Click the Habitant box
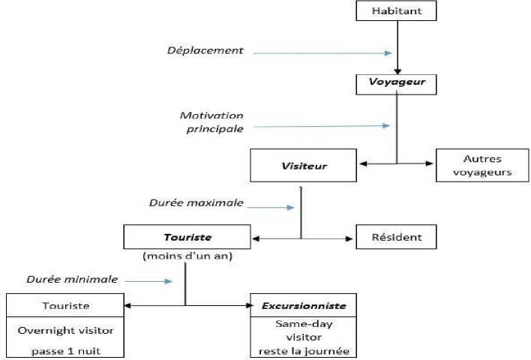pos(396,11)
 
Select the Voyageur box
pos(395,83)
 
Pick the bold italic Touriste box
pos(187,237)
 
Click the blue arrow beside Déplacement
pos(322,53)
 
